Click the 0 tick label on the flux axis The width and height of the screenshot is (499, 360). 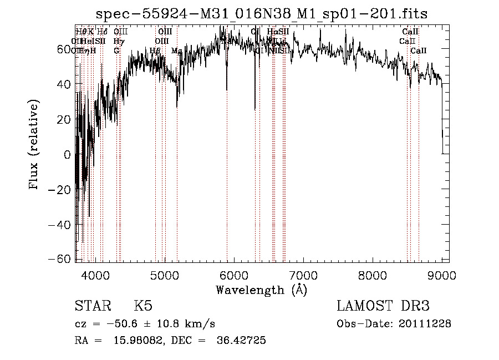pos(67,155)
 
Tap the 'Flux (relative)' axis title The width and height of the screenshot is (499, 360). pos(34,145)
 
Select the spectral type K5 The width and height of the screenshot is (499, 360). pos(143,306)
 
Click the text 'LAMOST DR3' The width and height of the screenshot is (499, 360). pos(383,306)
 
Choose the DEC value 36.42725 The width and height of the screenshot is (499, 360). pos(242,341)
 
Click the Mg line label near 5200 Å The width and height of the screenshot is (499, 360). pos(177,51)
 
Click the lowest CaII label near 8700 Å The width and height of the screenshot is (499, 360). pos(419,51)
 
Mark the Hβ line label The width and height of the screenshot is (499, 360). pos(155,51)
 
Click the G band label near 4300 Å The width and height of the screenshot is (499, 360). pos(116,51)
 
